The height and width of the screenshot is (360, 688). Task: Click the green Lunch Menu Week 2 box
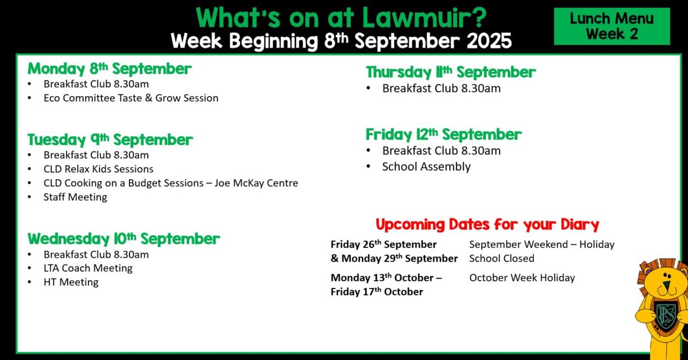pos(612,26)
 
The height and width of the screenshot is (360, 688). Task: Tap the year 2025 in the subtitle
pos(489,41)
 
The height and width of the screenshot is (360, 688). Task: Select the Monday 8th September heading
pos(109,68)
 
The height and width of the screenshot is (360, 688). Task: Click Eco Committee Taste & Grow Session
pos(131,98)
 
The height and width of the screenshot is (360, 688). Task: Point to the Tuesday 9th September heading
pos(110,140)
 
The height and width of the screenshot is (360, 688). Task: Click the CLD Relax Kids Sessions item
pos(98,169)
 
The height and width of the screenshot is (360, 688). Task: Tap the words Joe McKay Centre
pos(256,183)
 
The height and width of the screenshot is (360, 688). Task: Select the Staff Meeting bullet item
pos(75,197)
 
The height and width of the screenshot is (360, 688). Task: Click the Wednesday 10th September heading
pos(123,239)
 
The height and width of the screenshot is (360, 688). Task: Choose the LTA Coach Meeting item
pos(88,268)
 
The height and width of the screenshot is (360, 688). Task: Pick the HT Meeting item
pos(71,282)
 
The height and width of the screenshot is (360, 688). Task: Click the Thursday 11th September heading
pos(450,73)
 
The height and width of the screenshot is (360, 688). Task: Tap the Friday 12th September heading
pos(443,134)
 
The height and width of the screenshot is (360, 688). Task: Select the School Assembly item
pos(426,167)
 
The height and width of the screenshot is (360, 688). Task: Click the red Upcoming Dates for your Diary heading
pos(487,224)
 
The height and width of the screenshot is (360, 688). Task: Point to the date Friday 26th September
pos(384,245)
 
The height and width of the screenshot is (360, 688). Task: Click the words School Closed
pos(502,258)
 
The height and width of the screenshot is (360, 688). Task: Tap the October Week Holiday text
pos(522,278)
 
